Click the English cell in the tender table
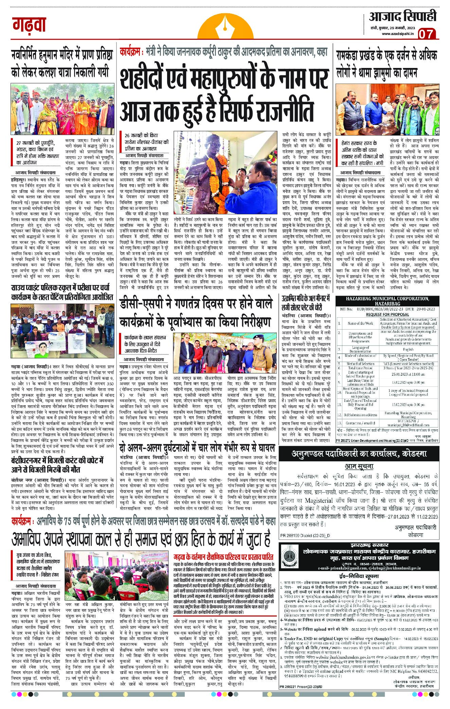click(408, 349)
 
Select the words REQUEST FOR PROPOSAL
click(387, 314)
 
